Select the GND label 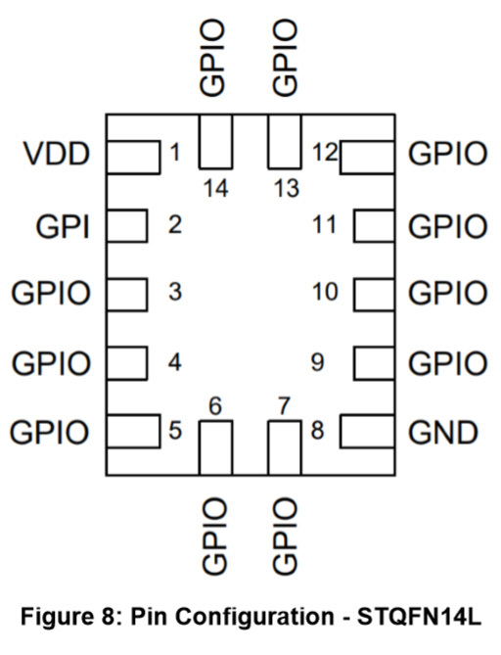tap(444, 432)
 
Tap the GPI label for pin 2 tap(64, 226)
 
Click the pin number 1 tap(175, 153)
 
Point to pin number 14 tap(215, 188)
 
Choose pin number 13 tap(286, 188)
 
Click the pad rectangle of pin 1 tap(133, 156)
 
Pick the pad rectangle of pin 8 tap(368, 432)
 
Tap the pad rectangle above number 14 tap(215, 141)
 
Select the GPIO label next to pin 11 tap(447, 226)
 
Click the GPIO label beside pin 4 tap(51, 363)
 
